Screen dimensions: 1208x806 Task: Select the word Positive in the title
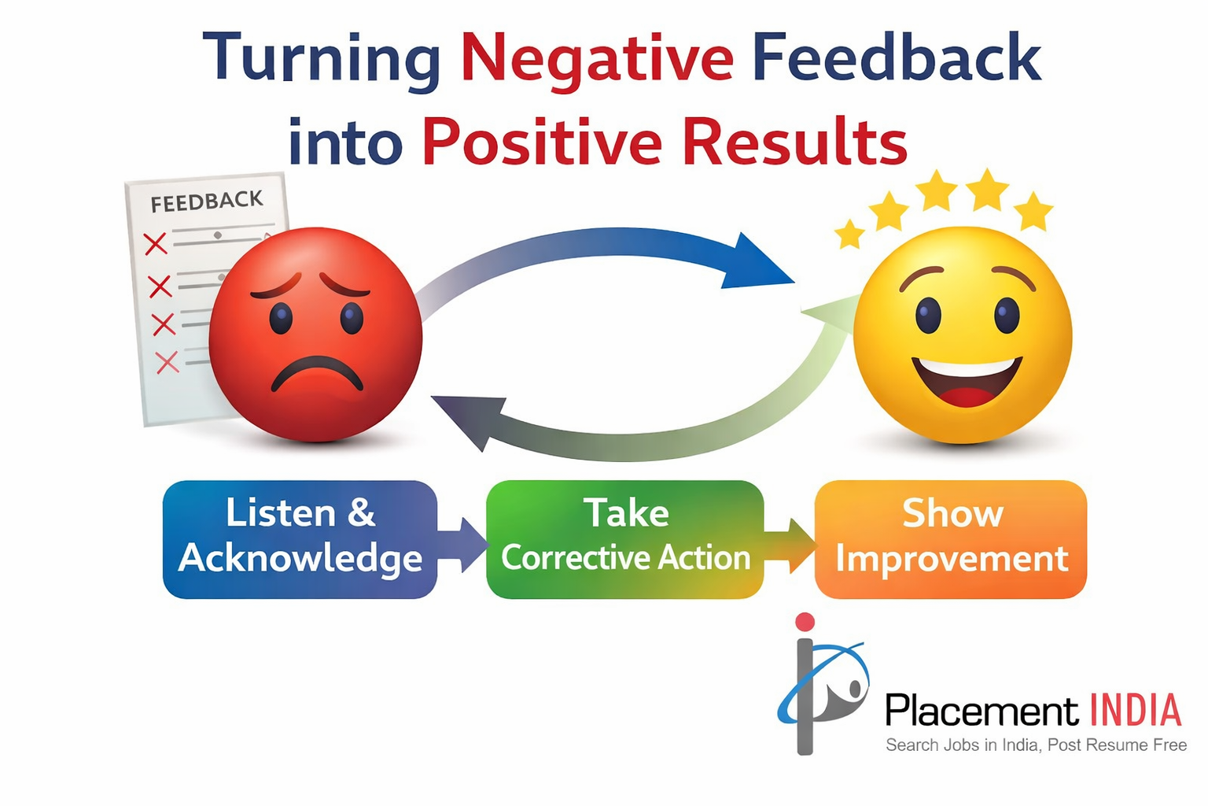point(541,141)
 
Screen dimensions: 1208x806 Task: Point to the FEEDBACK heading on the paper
point(207,201)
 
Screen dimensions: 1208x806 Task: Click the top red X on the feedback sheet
point(155,243)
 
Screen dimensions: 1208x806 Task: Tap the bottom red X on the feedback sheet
point(168,362)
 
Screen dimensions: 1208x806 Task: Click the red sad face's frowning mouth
point(317,372)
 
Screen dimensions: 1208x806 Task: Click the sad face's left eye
point(281,318)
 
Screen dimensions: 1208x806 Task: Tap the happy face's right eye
point(1007,313)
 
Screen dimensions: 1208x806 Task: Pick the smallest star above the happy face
point(849,234)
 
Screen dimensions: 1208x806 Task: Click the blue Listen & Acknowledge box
point(300,539)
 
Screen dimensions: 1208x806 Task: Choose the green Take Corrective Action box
point(625,539)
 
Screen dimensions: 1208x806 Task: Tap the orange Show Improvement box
point(951,539)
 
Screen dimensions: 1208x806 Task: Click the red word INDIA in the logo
point(1136,711)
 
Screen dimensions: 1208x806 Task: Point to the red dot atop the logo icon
point(805,621)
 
